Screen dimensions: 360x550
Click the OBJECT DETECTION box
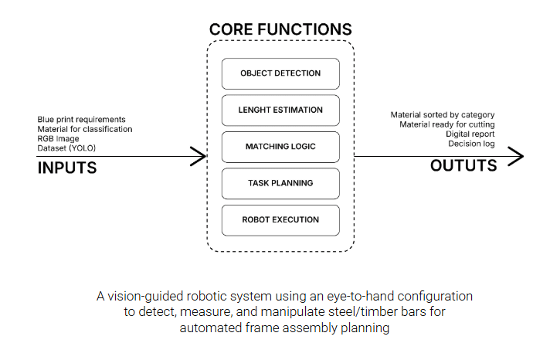280,73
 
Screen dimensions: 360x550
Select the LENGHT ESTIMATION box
280,110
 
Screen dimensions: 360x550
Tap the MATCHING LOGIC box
280,146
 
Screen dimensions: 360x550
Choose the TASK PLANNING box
280,183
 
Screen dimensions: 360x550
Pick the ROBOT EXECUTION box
280,219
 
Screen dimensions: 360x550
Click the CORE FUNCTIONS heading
280,30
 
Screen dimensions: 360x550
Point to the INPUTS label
67,168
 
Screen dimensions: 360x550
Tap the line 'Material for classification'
85,128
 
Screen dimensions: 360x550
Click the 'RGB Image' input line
58,138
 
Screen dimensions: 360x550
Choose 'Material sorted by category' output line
442,115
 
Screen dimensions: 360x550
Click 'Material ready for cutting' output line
446,124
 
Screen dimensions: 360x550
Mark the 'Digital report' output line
470,134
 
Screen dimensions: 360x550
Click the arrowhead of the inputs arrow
203,157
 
